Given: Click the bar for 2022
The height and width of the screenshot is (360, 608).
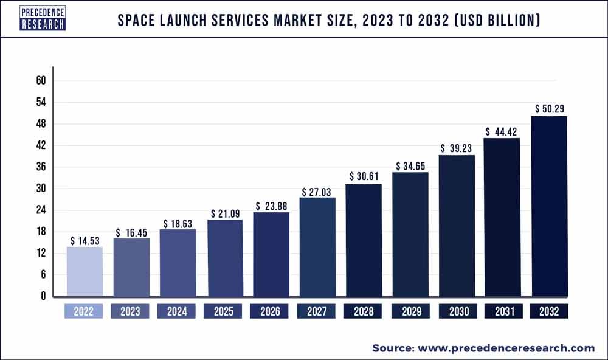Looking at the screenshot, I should (85, 271).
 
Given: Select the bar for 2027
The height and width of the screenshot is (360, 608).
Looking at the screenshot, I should (317, 247).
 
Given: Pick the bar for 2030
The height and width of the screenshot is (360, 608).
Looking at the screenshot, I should (457, 226).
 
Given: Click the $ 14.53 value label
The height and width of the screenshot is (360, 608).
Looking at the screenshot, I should (85, 241).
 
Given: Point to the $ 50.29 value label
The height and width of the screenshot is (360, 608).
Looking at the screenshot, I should (550, 109).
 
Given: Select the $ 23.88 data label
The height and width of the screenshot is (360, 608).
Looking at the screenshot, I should (271, 206).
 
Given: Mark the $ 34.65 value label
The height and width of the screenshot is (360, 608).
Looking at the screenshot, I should (410, 165).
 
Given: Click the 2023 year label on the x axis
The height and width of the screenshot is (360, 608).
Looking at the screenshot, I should (130, 311).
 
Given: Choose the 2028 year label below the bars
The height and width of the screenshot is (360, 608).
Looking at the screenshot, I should (363, 311).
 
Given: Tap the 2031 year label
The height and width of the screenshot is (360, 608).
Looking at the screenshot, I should (503, 311).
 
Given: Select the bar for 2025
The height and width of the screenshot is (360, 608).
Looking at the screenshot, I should (224, 258).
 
